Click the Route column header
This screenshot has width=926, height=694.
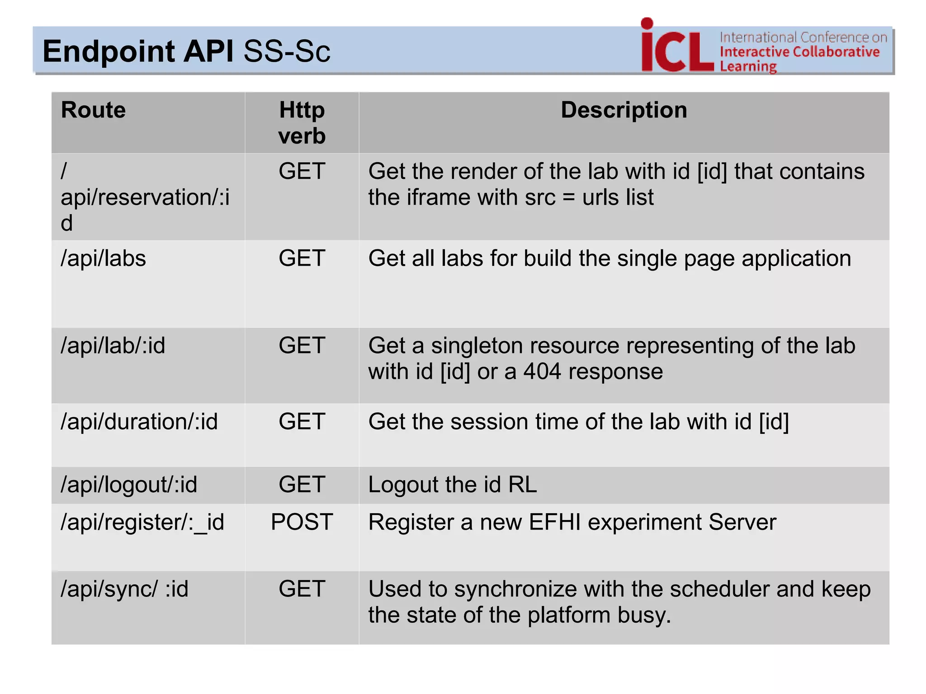pos(93,110)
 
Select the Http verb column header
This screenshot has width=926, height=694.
pos(302,123)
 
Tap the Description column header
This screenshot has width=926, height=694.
pos(624,110)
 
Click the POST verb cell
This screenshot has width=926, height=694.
pos(302,522)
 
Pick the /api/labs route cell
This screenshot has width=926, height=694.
pos(104,259)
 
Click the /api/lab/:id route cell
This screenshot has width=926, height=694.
pos(113,346)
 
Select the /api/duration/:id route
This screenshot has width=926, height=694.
pos(139,422)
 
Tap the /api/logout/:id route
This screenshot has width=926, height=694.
pos(129,485)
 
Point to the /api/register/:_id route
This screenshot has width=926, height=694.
pos(142,523)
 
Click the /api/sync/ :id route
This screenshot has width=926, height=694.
pos(124,589)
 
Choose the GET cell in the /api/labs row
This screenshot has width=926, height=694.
pos(302,259)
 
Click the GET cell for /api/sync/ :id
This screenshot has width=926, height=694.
pos(302,589)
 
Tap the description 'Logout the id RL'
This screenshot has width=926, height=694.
pos(452,485)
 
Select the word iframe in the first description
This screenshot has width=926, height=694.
pos(433,198)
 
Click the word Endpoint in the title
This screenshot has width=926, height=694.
pos(109,51)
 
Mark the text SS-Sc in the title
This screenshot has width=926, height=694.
pos(287,51)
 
